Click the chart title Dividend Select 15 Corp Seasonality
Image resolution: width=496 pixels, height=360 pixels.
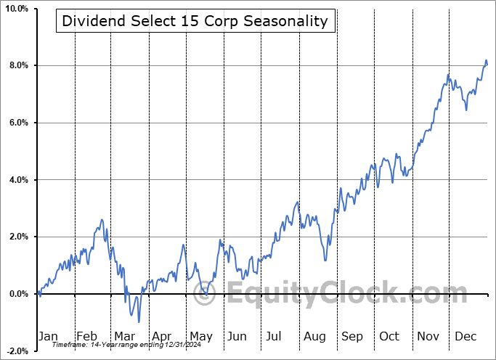click(195, 22)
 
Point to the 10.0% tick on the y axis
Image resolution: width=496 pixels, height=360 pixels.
click(17, 9)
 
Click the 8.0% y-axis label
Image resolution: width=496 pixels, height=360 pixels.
click(18, 66)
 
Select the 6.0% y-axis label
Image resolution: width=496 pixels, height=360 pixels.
click(18, 123)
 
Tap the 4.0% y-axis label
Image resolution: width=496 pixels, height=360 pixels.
click(18, 180)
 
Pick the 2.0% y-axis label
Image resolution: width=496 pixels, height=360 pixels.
click(18, 237)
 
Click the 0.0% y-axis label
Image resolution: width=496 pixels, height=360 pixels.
click(18, 294)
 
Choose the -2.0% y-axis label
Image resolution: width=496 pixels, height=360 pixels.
click(17, 351)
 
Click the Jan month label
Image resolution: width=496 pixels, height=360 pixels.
click(47, 336)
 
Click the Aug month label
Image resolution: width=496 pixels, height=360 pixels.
click(314, 336)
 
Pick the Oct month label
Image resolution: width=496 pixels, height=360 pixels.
click(389, 336)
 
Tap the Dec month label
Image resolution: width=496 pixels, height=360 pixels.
click(465, 336)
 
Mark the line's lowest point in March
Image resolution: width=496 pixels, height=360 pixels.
click(138, 322)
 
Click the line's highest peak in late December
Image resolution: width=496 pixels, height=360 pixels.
click(486, 60)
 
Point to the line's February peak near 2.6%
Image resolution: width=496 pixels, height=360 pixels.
click(102, 219)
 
